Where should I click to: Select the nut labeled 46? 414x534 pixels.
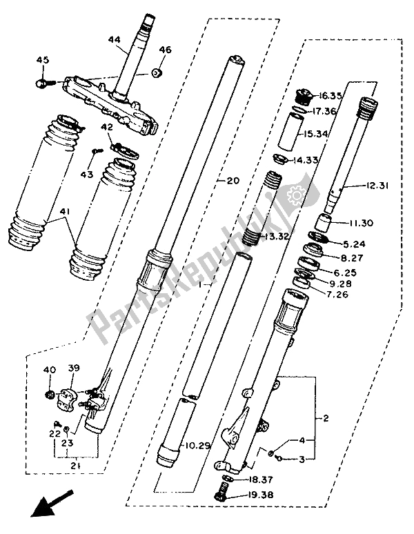pyautogui.click(x=159, y=72)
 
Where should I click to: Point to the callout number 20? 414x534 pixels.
pyautogui.click(x=232, y=181)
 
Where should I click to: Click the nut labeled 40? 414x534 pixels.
pyautogui.click(x=50, y=394)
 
